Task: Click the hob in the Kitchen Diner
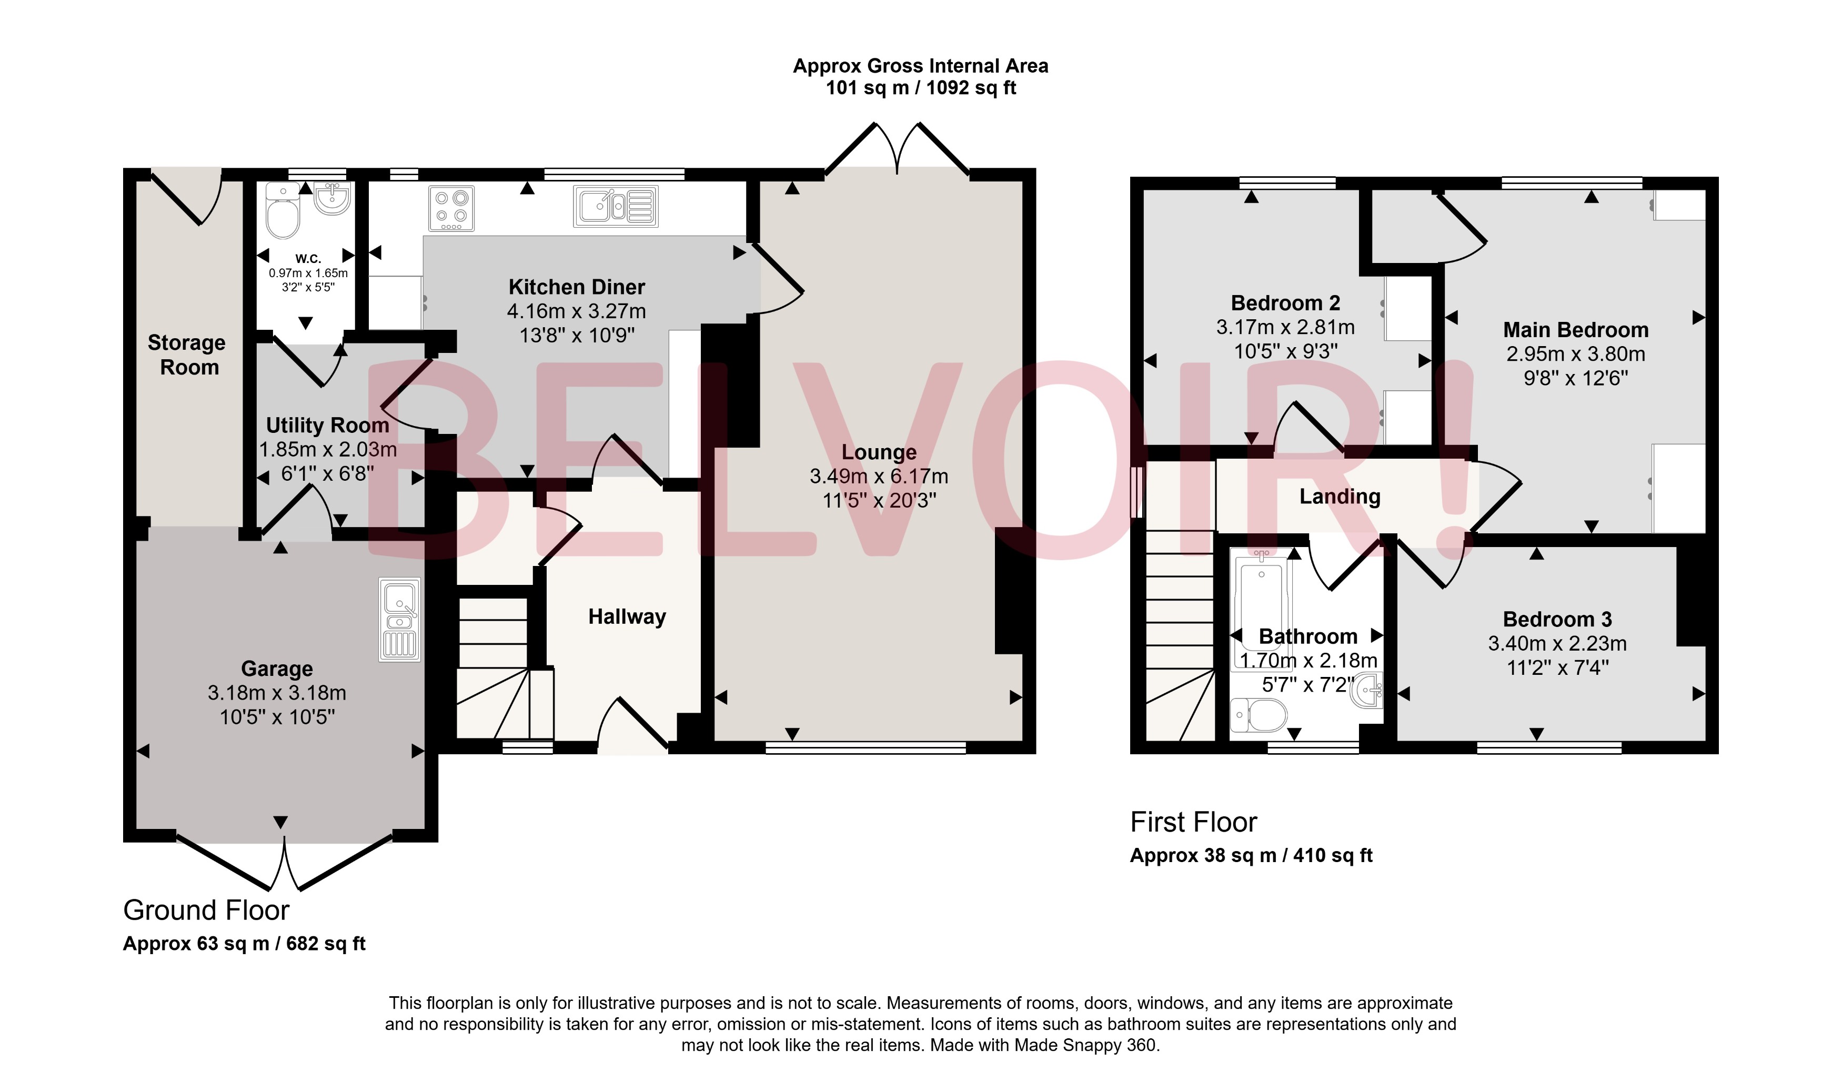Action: coord(451,208)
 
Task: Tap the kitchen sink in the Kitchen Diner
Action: coord(616,206)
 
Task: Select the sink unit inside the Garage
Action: coord(399,620)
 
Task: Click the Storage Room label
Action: coord(187,355)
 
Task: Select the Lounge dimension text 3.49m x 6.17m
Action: coord(879,477)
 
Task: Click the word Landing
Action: coord(1339,497)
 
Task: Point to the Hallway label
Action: coord(627,617)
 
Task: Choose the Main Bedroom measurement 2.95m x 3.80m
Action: coord(1575,355)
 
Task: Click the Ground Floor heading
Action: coord(206,910)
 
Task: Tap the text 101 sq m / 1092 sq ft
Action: coord(920,88)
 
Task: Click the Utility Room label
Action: coord(327,426)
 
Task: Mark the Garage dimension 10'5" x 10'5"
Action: coord(277,717)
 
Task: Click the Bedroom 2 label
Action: coord(1285,303)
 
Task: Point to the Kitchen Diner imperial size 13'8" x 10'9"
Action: coord(576,336)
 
